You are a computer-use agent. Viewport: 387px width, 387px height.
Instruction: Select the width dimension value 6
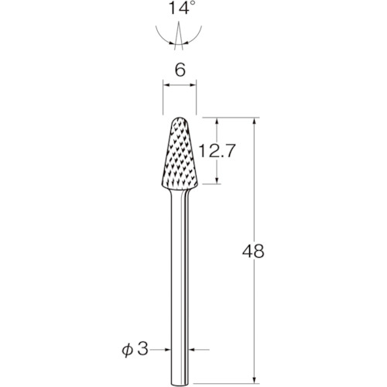(x=180, y=70)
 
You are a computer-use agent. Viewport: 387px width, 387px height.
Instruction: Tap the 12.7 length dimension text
(x=217, y=151)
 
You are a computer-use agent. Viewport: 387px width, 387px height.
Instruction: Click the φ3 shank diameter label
(x=135, y=350)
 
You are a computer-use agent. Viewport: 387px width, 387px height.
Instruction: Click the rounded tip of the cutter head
(x=180, y=118)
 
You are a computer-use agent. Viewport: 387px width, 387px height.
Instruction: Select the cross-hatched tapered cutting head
(x=180, y=154)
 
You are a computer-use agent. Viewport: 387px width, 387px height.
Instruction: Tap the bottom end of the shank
(x=180, y=385)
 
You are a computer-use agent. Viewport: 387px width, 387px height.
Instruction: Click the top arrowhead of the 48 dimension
(x=255, y=122)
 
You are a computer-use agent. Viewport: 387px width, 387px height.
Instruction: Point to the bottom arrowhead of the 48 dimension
(x=255, y=381)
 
